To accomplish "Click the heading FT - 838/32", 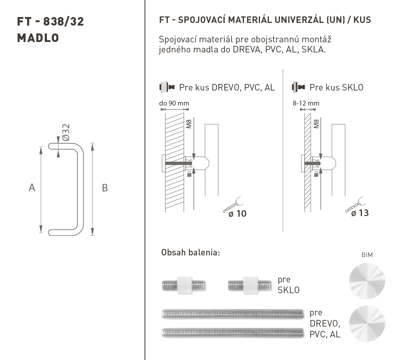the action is click(x=51, y=22).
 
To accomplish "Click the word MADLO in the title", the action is click(x=38, y=38).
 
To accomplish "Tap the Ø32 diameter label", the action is click(x=66, y=132).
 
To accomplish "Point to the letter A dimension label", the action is click(x=32, y=188).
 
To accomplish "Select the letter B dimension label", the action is click(x=105, y=188).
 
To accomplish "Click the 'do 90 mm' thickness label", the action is click(x=174, y=103).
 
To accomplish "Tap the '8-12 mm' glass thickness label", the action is click(x=306, y=103).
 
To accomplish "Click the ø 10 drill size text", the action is click(x=237, y=214).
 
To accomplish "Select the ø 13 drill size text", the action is click(x=360, y=213).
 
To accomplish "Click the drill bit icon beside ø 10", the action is click(x=233, y=205).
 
